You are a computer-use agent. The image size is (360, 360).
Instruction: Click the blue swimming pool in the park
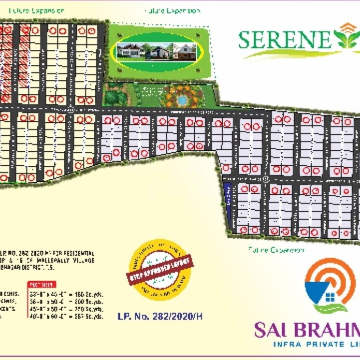[x=182, y=100]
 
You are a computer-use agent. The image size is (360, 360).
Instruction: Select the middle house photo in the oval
[x=158, y=51]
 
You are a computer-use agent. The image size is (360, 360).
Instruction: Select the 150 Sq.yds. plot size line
[x=67, y=293]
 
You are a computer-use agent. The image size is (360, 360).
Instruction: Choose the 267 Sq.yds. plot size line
[x=67, y=317]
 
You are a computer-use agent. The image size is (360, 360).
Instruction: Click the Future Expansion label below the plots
[x=276, y=250]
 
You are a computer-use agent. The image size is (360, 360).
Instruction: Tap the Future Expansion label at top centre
[x=173, y=11]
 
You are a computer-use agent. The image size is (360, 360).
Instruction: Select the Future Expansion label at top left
[x=37, y=10]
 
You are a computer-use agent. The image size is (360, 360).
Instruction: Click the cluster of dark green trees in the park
[x=115, y=97]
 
